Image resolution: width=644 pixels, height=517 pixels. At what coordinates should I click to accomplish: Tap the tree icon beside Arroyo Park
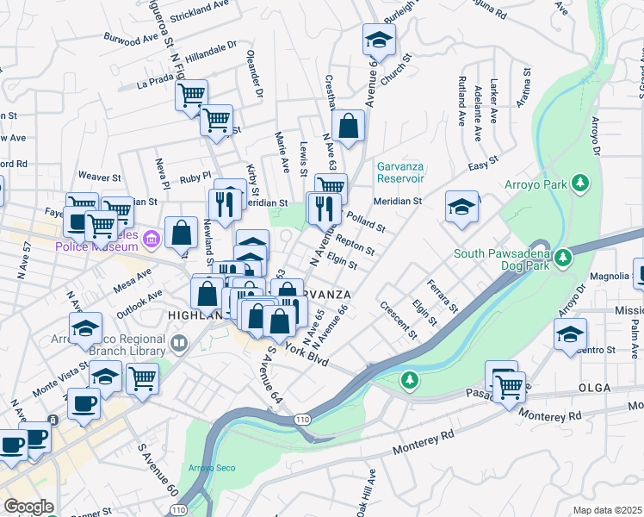pyautogui.click(x=581, y=183)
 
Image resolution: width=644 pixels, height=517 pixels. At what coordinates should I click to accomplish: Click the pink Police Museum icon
pyautogui.click(x=151, y=238)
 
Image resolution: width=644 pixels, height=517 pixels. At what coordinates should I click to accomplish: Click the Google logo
pyautogui.click(x=28, y=507)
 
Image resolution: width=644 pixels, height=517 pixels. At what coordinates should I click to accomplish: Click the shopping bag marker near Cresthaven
pyautogui.click(x=348, y=126)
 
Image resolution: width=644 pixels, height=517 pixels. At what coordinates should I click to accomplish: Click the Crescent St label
pyautogui.click(x=397, y=320)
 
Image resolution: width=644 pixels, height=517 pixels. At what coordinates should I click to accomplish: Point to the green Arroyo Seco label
pyautogui.click(x=211, y=469)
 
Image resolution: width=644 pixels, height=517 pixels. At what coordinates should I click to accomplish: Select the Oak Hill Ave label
pyautogui.click(x=371, y=495)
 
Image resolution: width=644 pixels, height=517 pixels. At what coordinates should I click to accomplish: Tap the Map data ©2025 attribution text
pyautogui.click(x=607, y=510)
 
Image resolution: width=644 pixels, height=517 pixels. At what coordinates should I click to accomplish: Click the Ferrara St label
pyautogui.click(x=443, y=295)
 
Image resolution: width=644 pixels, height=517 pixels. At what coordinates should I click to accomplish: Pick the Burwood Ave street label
pyautogui.click(x=131, y=38)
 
